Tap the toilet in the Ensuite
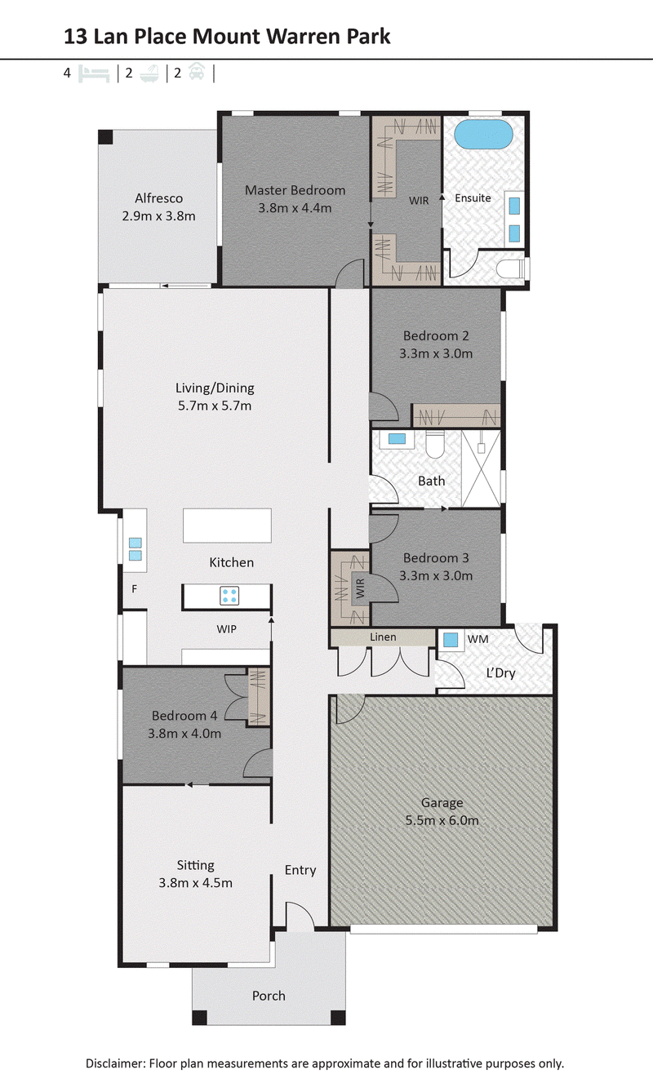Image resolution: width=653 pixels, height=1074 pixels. (512, 268)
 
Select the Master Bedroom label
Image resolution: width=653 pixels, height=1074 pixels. (295, 190)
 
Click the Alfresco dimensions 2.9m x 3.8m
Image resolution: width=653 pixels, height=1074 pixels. (158, 216)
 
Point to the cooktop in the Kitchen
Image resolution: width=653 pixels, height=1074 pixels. (229, 596)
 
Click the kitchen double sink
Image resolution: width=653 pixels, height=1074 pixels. (135, 549)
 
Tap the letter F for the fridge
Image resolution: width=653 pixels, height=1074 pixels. (134, 588)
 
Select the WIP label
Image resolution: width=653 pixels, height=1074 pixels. (226, 629)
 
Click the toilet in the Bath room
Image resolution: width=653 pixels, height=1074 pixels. (435, 444)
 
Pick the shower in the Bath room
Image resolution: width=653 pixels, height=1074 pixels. (481, 468)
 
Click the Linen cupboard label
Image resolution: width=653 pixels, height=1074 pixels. (383, 637)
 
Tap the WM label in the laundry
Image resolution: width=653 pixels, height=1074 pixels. (478, 639)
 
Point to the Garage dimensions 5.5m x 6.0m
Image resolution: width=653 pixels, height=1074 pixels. (442, 820)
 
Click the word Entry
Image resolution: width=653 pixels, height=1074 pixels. (300, 870)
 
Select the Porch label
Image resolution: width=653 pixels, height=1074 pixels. (269, 996)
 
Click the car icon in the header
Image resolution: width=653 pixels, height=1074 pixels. (197, 72)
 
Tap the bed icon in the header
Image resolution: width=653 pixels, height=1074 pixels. (94, 73)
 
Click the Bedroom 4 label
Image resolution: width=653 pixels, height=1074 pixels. (184, 716)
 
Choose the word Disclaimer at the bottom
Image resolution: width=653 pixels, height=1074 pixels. (115, 1063)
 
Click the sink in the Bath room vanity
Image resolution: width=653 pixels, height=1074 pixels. (397, 438)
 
